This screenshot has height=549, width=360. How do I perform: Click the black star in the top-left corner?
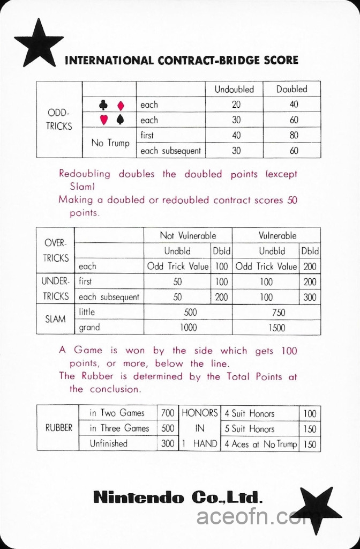point(38,43)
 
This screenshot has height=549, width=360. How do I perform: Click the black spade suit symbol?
point(121,120)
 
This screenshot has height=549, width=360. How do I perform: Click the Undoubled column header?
point(234,90)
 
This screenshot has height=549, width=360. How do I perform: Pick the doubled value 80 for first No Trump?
point(294,136)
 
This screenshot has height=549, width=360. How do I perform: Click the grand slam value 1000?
point(188,328)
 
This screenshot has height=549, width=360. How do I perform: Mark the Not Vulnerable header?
point(188,236)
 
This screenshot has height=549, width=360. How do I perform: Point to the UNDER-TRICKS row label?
point(55,289)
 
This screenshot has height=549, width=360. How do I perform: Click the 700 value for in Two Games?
point(168,413)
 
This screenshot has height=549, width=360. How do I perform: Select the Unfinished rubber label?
point(109,443)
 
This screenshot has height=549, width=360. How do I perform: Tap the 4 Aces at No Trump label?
point(260,444)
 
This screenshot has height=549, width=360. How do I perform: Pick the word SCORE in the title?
point(281,60)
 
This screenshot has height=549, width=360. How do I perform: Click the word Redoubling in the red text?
point(85,174)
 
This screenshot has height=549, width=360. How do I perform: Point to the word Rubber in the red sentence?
point(97,376)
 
